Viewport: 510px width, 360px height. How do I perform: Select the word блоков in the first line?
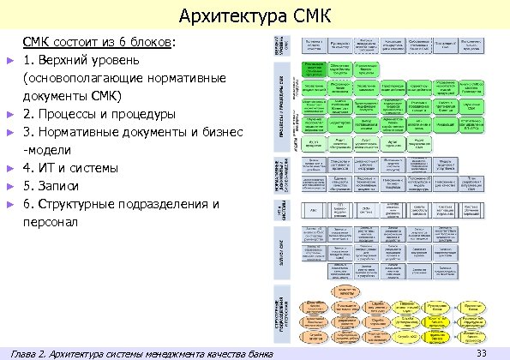(153, 40)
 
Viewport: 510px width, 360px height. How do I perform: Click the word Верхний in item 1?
(67, 59)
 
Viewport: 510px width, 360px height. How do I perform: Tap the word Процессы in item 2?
(69, 113)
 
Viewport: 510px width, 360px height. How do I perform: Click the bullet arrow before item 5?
(9, 186)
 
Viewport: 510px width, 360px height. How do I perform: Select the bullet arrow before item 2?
(9, 114)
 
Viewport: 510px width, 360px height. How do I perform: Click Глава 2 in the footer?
(27, 352)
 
